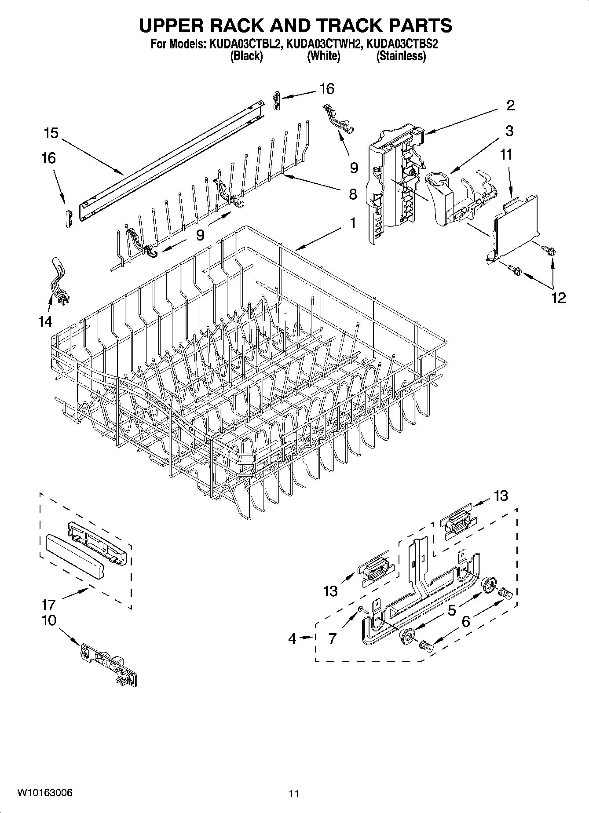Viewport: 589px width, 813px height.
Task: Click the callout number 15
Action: tap(51, 133)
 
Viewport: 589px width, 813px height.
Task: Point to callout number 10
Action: tap(49, 620)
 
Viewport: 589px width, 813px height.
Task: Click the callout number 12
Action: tap(558, 298)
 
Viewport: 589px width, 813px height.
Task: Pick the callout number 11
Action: tap(506, 154)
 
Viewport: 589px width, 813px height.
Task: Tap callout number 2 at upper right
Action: tap(510, 105)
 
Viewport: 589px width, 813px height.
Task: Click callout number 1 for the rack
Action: tap(352, 223)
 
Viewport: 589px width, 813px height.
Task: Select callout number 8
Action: tap(353, 194)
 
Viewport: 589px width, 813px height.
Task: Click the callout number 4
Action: tap(293, 638)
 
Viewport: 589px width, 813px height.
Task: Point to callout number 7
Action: tap(332, 638)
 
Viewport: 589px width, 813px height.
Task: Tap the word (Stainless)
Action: tap(401, 56)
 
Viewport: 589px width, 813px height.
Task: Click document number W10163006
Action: tap(45, 792)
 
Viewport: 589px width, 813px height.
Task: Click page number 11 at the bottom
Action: tap(294, 794)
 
